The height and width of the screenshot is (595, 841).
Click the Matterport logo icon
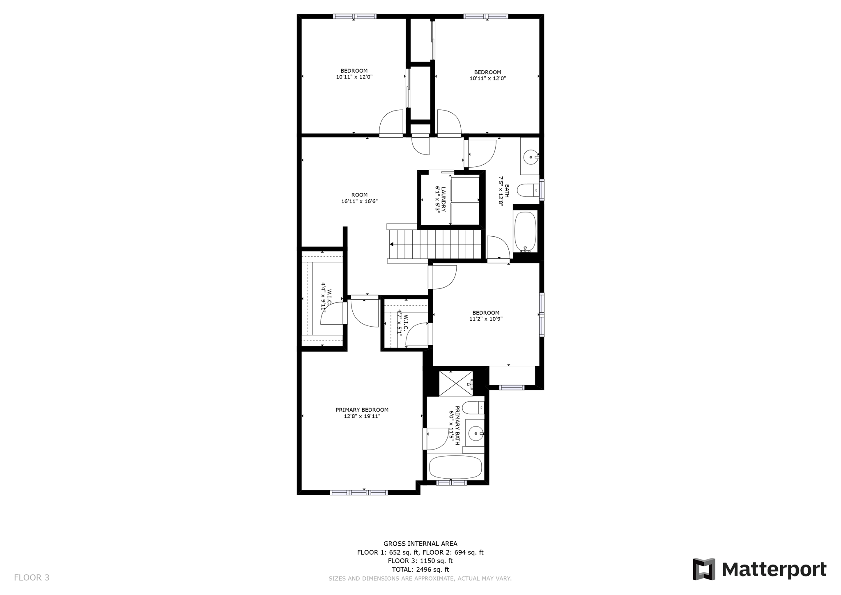pos(704,569)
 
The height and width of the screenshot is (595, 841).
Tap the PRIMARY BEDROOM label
pos(362,410)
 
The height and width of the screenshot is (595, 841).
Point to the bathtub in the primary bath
pos(455,467)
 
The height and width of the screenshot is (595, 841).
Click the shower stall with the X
pos(456,383)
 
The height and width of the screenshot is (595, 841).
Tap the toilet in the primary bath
pos(473,408)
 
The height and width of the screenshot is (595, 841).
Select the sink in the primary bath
pos(476,433)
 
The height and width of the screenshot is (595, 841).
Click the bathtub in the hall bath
pos(525,231)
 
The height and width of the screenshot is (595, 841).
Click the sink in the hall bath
pos(531,157)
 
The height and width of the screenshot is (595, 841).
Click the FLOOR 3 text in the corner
pos(32,578)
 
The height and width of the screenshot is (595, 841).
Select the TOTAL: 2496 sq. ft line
pos(420,570)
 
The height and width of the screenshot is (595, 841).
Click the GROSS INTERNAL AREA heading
pos(420,544)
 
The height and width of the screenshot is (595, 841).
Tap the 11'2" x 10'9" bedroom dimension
pos(486,319)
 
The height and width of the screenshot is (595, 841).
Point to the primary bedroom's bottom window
pos(359,492)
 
